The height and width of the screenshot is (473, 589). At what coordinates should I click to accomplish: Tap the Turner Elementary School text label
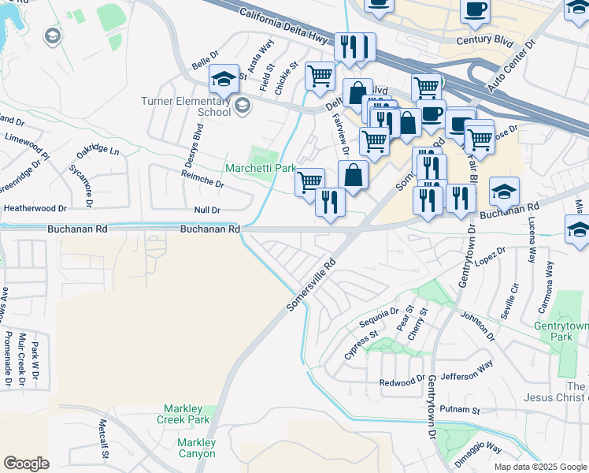(x=186, y=106)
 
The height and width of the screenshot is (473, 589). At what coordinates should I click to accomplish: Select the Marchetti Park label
(x=259, y=168)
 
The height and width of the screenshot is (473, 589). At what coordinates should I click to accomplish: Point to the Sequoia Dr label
(x=379, y=316)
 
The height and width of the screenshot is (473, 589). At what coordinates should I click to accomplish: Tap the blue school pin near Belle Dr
(x=224, y=80)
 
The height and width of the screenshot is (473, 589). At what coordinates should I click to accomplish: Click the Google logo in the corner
(x=26, y=463)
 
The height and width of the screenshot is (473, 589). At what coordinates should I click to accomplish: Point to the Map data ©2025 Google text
(x=539, y=467)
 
